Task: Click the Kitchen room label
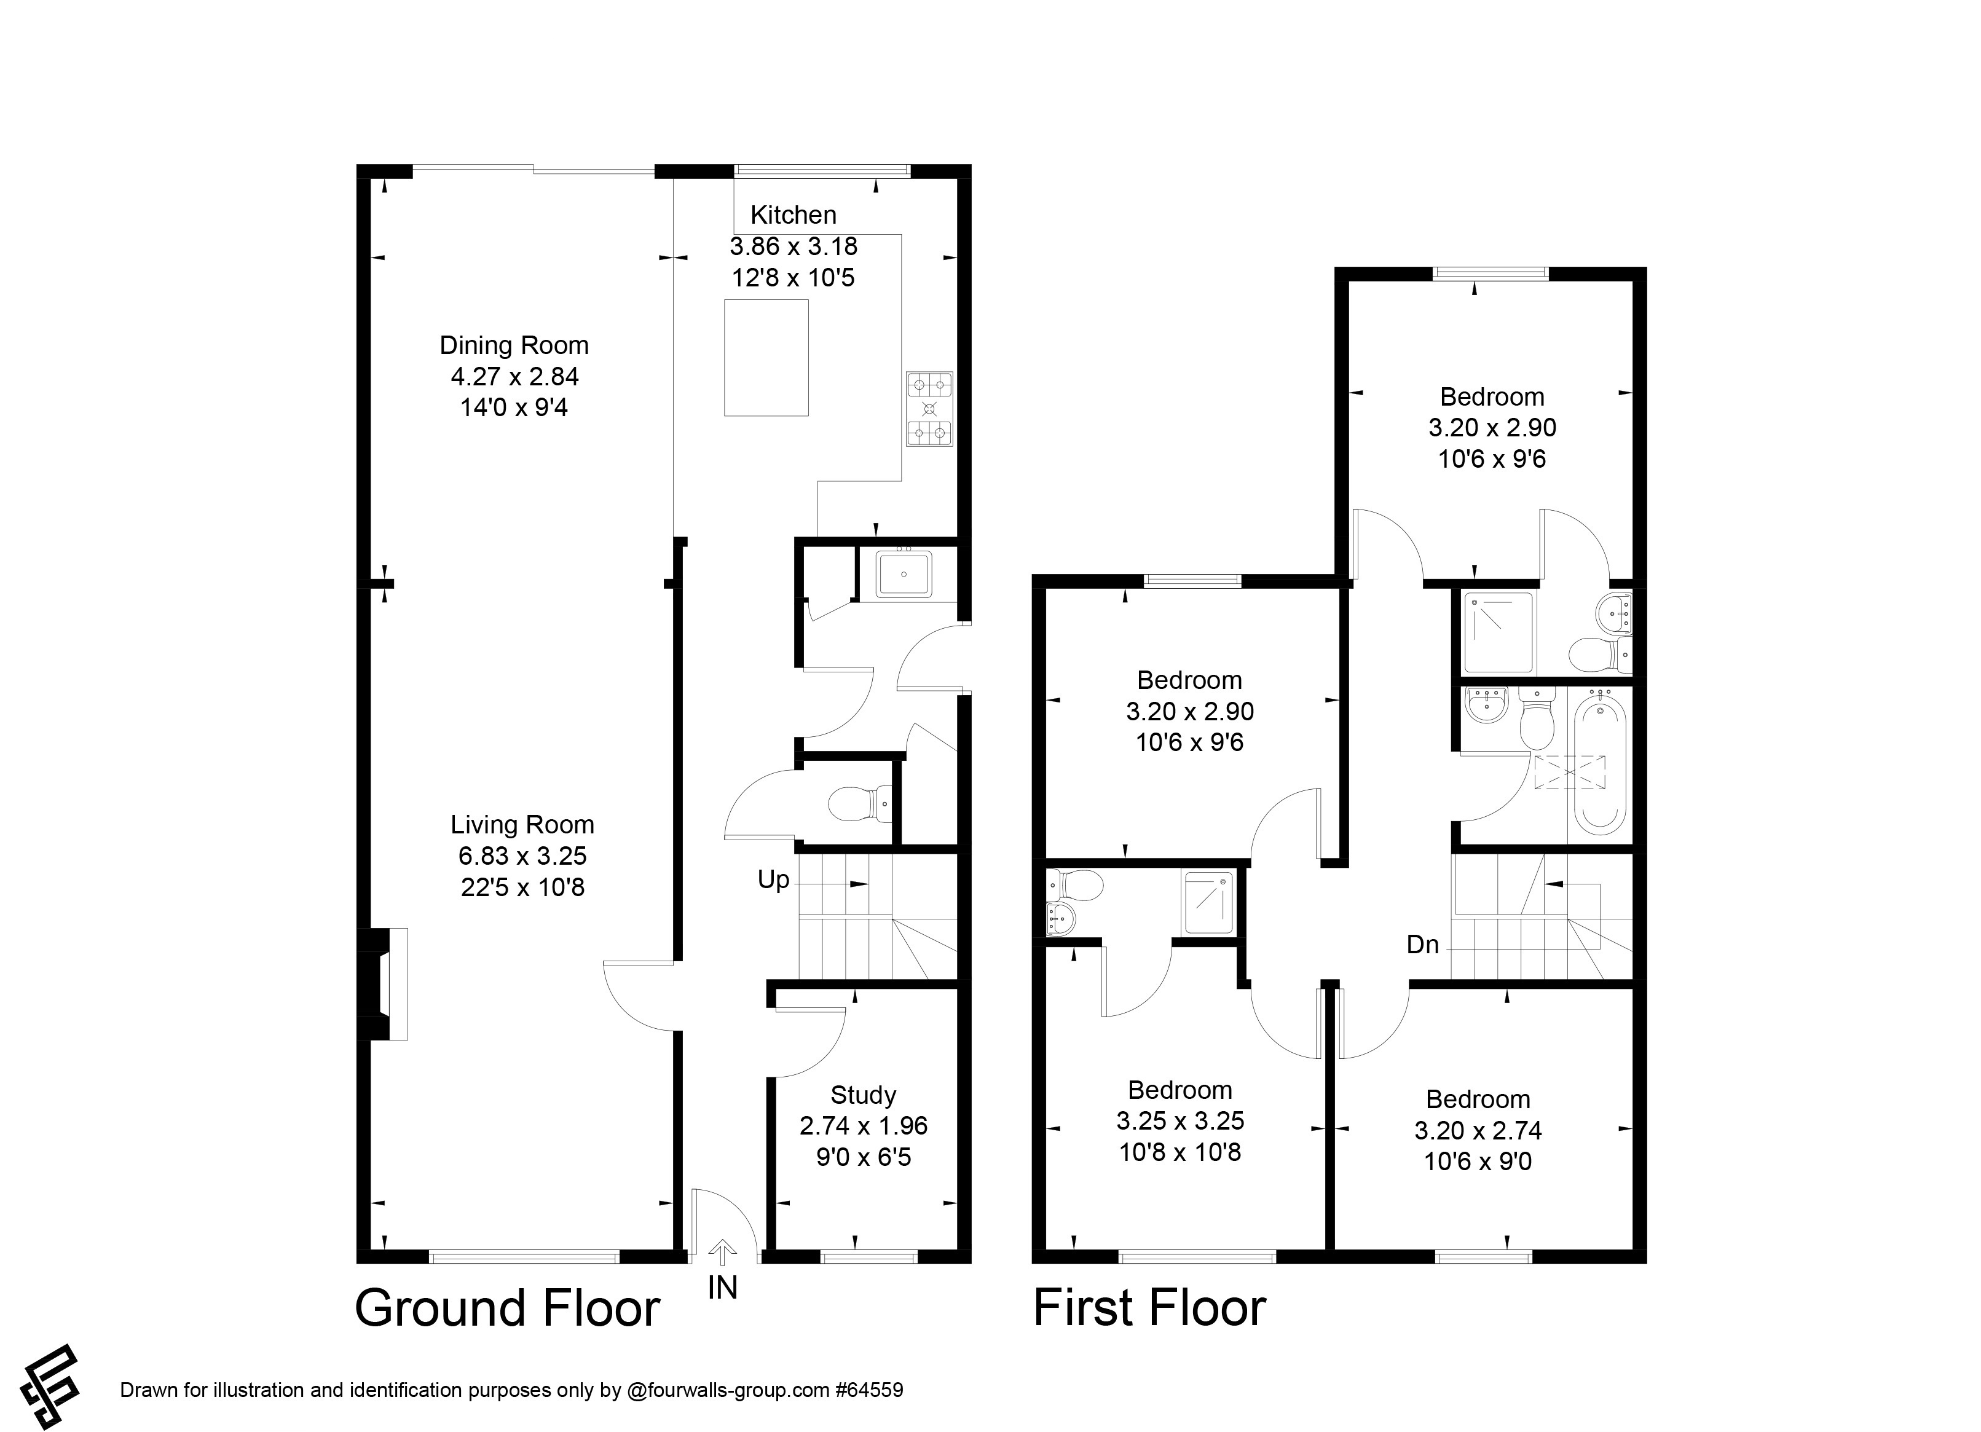pyautogui.click(x=793, y=215)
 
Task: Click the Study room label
pyautogui.click(x=863, y=1095)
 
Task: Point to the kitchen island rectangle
pyautogui.click(x=766, y=358)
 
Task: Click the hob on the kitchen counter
pyautogui.click(x=929, y=409)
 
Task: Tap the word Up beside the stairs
pyautogui.click(x=773, y=879)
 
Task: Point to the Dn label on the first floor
pyautogui.click(x=1422, y=944)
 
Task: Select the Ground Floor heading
pyautogui.click(x=508, y=1308)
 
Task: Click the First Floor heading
pyautogui.click(x=1149, y=1308)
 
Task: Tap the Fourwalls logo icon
pyautogui.click(x=50, y=1376)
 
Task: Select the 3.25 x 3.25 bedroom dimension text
pyautogui.click(x=1180, y=1120)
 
